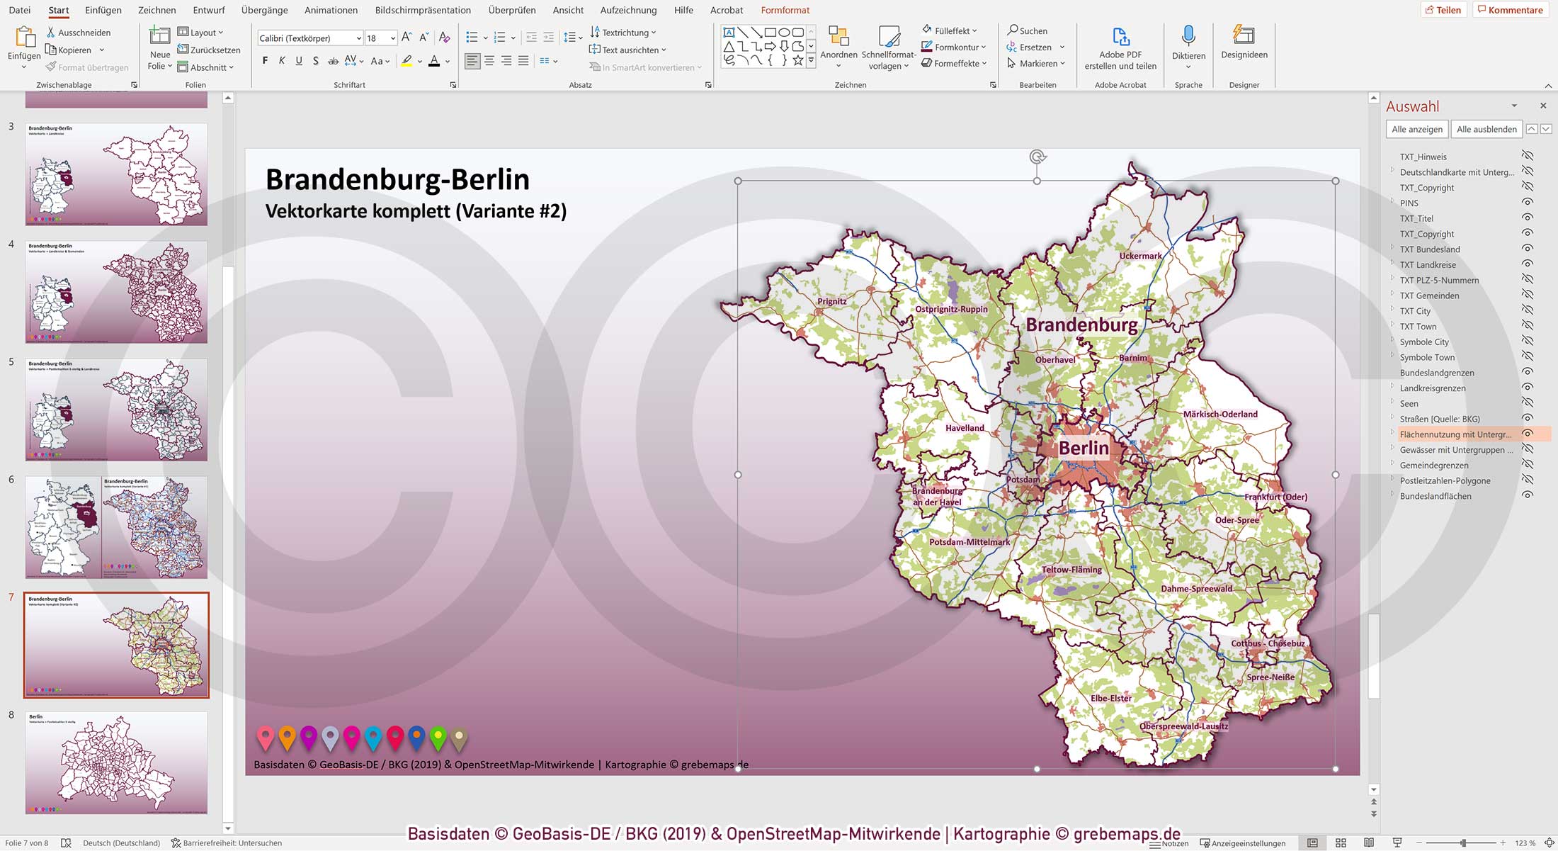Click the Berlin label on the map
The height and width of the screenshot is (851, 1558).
[x=1084, y=448]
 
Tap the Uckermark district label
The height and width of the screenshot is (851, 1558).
[x=1140, y=256]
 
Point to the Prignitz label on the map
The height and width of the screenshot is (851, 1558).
[x=831, y=301]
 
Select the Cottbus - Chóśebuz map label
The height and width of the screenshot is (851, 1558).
[x=1268, y=643]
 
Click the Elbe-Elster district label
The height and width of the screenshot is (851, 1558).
[x=1110, y=698]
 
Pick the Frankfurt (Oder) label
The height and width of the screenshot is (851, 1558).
[x=1275, y=497]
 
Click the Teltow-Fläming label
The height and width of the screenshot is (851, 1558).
[x=1071, y=570]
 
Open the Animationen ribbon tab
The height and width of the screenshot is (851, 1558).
[x=331, y=10]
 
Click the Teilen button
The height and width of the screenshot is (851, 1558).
[x=1443, y=10]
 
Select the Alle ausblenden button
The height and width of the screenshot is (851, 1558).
[x=1486, y=129]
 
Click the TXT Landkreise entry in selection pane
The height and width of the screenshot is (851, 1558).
[x=1428, y=265]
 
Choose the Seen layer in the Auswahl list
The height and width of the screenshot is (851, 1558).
[x=1409, y=404]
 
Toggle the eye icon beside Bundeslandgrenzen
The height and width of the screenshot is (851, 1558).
[x=1528, y=373]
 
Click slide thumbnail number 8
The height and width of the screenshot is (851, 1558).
[x=117, y=762]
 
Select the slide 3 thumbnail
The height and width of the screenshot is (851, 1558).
[x=117, y=174]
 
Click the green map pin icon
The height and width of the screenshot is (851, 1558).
[x=438, y=738]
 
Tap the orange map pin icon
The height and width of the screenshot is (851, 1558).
[x=287, y=738]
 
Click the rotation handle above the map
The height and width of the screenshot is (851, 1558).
[x=1037, y=157]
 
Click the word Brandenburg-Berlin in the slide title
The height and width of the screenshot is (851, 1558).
[x=397, y=180]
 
